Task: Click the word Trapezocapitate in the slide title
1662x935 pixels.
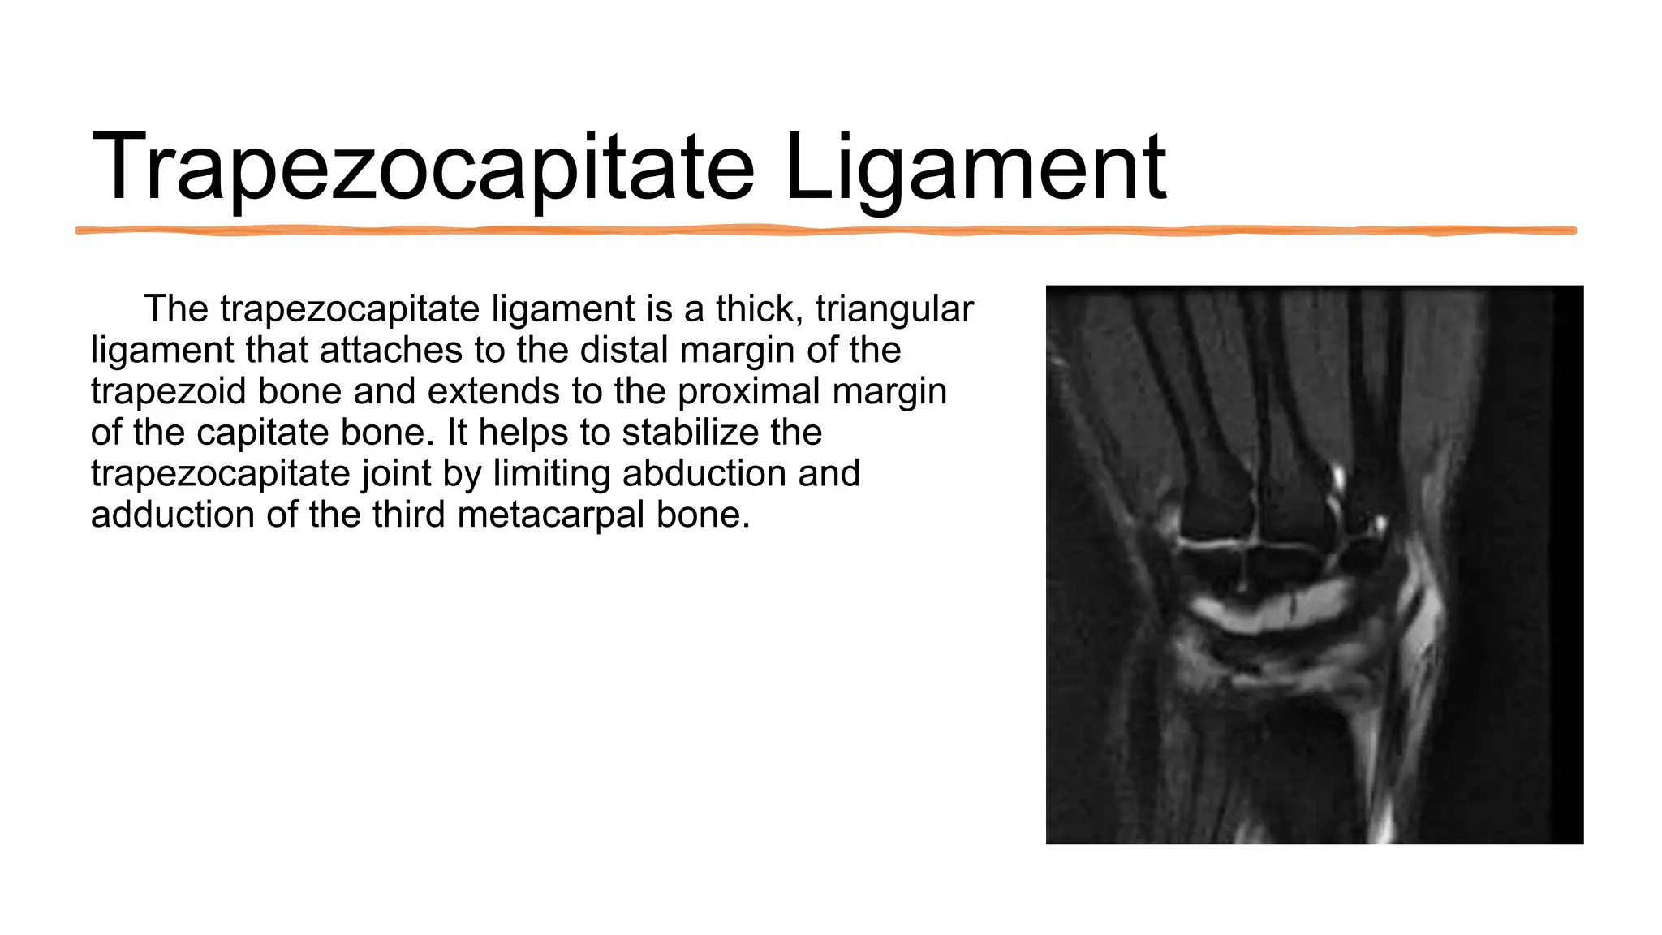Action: click(423, 168)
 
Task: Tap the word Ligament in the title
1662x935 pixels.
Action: click(975, 168)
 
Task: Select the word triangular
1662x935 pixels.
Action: click(894, 309)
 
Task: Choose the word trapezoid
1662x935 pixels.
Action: click(169, 392)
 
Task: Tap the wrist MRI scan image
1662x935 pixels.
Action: click(1314, 565)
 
